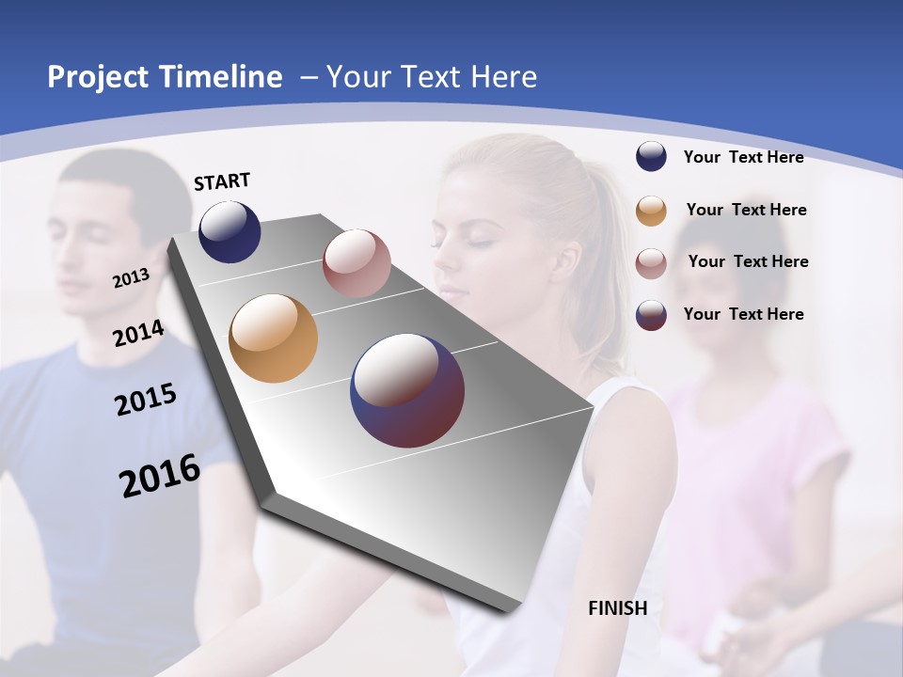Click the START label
click(x=222, y=181)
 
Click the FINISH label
click(x=618, y=608)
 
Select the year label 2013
click(x=131, y=278)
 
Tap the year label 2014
click(x=138, y=333)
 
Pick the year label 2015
click(x=146, y=400)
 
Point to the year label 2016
click(x=160, y=475)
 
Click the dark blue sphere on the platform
click(x=230, y=231)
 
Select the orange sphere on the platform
click(x=273, y=338)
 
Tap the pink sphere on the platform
click(x=356, y=263)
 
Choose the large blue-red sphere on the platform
click(x=407, y=390)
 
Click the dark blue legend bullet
click(x=651, y=156)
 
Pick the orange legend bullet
click(x=651, y=211)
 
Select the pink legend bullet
click(x=651, y=263)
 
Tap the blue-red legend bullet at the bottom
click(x=651, y=315)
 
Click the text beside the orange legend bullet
click(x=746, y=210)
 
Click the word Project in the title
click(x=98, y=77)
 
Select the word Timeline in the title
click(x=220, y=77)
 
